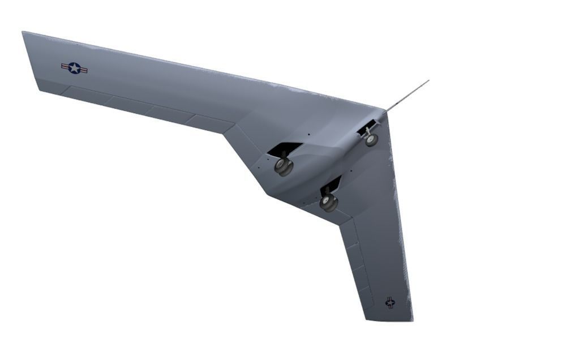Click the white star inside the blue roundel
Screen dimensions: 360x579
[x=74, y=68]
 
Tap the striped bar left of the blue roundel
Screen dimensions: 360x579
[x=65, y=66]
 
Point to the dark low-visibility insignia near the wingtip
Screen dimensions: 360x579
[x=390, y=302]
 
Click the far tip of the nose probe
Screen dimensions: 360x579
[x=428, y=81]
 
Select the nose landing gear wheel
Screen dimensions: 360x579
[x=371, y=140]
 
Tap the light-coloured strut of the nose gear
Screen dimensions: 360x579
[x=368, y=132]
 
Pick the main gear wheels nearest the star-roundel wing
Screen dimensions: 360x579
[x=283, y=166]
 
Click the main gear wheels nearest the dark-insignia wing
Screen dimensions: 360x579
[x=328, y=202]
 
